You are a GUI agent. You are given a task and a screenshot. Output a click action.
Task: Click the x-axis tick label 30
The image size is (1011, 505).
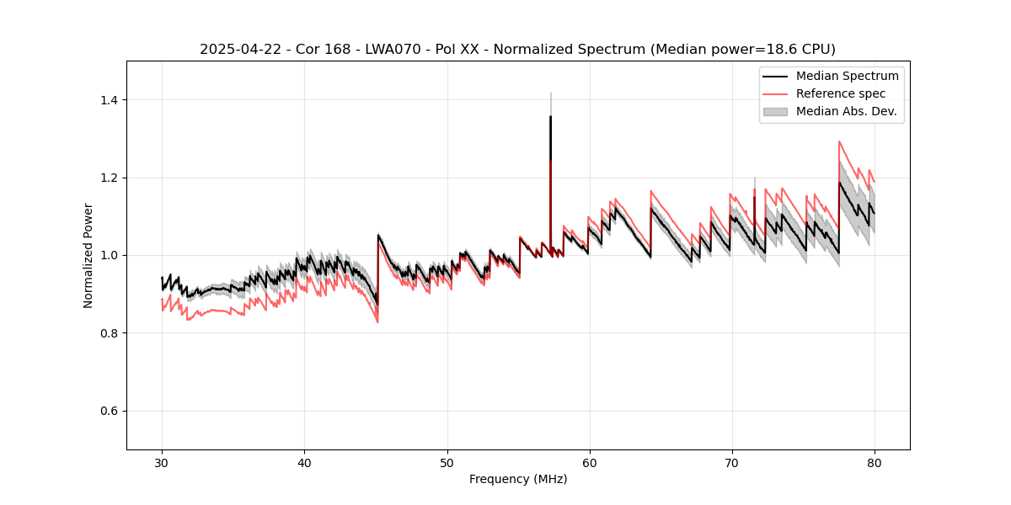click(x=162, y=462)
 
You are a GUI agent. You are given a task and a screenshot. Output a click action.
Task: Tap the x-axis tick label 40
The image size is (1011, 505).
click(x=304, y=462)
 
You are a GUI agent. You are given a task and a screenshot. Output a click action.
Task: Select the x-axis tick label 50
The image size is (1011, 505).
click(x=447, y=462)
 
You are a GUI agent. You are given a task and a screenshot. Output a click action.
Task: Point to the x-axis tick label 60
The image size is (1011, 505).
click(x=589, y=462)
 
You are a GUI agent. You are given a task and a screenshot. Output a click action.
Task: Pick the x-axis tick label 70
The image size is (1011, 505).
click(x=731, y=462)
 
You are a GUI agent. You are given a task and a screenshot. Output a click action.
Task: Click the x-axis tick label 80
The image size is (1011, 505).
click(x=874, y=462)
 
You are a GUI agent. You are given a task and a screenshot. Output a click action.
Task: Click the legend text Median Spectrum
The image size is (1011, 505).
click(x=847, y=76)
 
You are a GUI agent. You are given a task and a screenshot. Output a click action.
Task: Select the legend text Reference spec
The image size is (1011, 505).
click(x=841, y=93)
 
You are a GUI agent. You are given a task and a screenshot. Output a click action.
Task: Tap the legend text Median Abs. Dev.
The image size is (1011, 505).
click(x=846, y=111)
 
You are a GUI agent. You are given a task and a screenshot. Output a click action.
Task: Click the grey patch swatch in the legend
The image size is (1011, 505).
click(x=775, y=111)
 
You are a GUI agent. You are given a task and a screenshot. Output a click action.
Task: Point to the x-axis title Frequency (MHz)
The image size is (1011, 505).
click(x=518, y=479)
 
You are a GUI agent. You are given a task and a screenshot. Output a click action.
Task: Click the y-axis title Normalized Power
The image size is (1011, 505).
click(x=88, y=255)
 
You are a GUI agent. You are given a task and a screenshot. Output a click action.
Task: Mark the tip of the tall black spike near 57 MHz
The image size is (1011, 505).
click(x=550, y=116)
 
